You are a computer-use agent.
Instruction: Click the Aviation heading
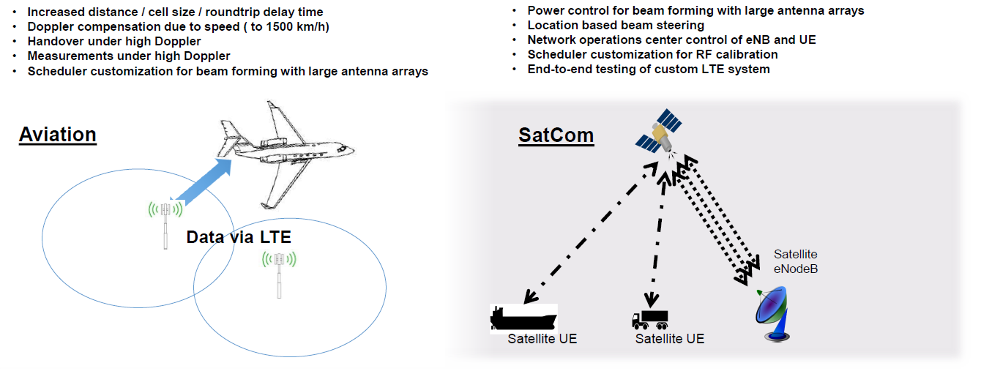click(x=57, y=135)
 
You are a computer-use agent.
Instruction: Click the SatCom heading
click(x=556, y=135)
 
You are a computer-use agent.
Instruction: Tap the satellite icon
click(x=658, y=132)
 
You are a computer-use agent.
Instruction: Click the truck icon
click(x=649, y=319)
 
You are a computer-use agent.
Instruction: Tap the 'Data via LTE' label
click(x=239, y=237)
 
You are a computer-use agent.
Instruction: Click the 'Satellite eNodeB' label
click(x=795, y=262)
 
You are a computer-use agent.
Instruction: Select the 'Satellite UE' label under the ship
click(x=542, y=340)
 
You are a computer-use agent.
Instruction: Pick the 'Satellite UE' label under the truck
click(x=669, y=339)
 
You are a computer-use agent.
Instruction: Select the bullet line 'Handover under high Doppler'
click(x=114, y=42)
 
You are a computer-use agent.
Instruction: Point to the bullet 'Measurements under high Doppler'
click(x=129, y=56)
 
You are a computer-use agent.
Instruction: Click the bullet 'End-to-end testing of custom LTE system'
click(x=649, y=70)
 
